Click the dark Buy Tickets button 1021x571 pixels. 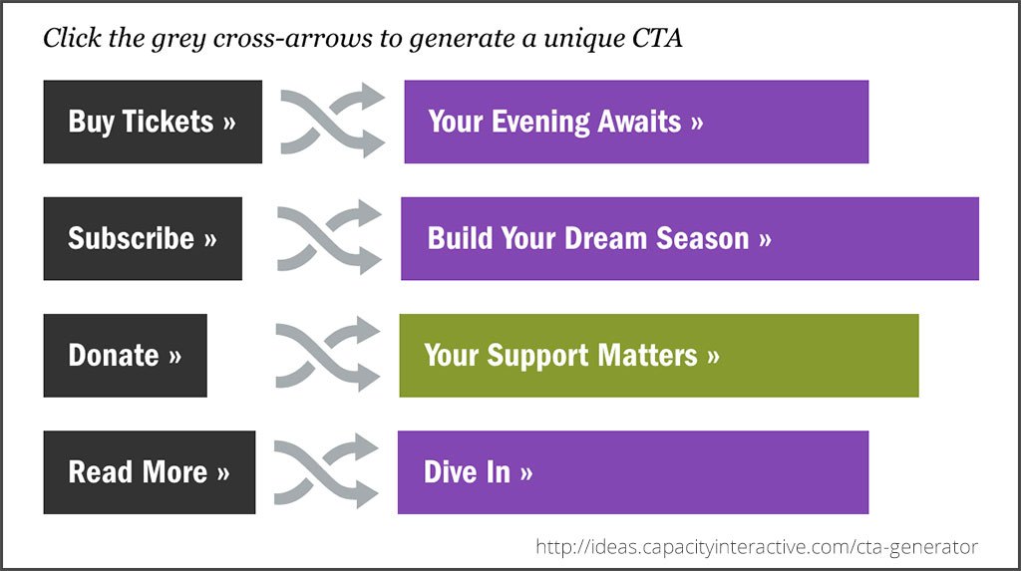153,122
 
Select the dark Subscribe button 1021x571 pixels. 143,238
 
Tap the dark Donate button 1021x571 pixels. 125,356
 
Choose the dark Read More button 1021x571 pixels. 150,472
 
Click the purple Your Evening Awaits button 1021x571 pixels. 636,122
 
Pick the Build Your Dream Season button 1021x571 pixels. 690,238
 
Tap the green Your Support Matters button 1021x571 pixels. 659,356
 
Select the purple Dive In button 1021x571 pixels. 633,472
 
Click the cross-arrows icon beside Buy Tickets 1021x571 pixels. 331,122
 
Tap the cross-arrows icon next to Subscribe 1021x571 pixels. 328,237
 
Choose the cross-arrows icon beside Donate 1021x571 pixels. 327,354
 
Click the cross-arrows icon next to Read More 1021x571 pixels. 326,470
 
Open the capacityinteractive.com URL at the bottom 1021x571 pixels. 757,546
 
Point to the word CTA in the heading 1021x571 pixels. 657,38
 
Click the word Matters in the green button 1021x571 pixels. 647,356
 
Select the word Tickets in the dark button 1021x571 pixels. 168,122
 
